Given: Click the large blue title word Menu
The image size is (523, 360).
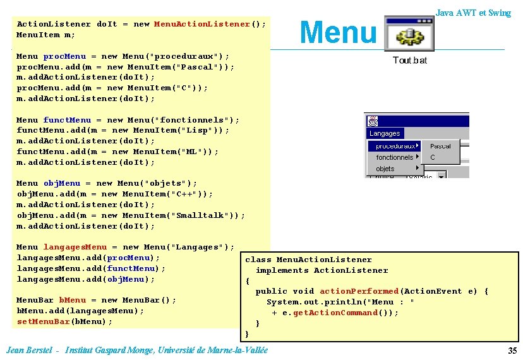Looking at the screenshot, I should pos(338,32).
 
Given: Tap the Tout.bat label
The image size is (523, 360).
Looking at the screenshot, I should pos(409,61).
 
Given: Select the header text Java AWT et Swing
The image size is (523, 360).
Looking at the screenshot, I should pos(473,13).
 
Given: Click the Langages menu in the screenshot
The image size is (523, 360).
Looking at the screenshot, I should pos(385,133).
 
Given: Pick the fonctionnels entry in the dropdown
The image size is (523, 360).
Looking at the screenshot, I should pos(394,157).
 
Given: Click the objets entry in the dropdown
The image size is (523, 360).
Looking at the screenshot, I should pos(385,169).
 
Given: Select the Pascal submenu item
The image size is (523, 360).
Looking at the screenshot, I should pos(440,146).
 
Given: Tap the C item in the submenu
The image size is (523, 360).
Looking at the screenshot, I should pos(433,157).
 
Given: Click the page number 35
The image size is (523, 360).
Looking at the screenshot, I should pos(512,351).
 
